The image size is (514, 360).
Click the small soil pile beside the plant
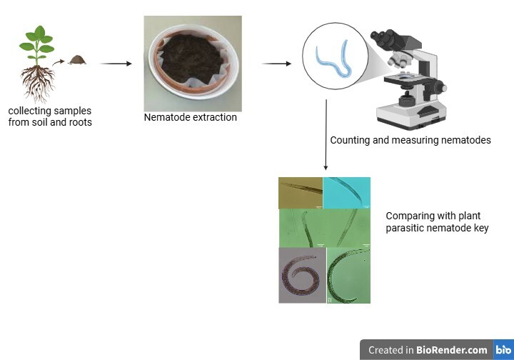(x=77, y=60)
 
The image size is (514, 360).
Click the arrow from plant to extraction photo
(x=116, y=64)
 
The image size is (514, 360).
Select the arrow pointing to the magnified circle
(x=276, y=64)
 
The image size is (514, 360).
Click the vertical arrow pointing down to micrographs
(x=326, y=135)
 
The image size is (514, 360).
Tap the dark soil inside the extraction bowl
(x=191, y=60)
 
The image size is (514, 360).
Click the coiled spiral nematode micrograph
(x=302, y=276)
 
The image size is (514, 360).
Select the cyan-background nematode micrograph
(x=347, y=193)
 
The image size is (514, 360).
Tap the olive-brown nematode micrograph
(x=301, y=193)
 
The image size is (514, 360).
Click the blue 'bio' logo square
(x=503, y=350)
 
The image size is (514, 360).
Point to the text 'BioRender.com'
(x=452, y=350)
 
